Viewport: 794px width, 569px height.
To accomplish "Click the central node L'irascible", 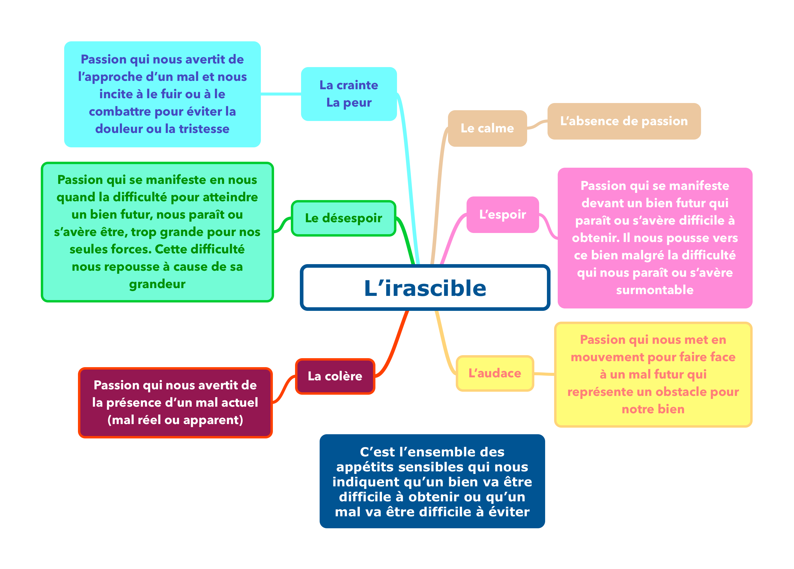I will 425,288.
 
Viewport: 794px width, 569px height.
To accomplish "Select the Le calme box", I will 487,128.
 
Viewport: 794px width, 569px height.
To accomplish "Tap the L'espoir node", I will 502,214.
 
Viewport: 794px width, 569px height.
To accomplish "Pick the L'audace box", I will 495,373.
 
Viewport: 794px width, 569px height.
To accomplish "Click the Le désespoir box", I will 343,218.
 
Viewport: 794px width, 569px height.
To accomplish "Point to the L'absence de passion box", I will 624,121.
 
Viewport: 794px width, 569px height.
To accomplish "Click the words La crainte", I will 349,85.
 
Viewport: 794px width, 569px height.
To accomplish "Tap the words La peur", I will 349,102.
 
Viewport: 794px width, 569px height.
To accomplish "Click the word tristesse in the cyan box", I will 204,129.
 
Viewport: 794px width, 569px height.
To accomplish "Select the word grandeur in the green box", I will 157,284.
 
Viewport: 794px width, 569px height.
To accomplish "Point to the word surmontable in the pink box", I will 655,290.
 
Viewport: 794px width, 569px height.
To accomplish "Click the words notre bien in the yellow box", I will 653,409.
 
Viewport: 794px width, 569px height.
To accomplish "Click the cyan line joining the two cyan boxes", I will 281,94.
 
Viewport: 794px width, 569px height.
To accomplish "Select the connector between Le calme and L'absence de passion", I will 537,124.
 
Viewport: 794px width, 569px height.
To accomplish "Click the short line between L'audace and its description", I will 544,374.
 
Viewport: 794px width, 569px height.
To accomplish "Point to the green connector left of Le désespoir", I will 282,226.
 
